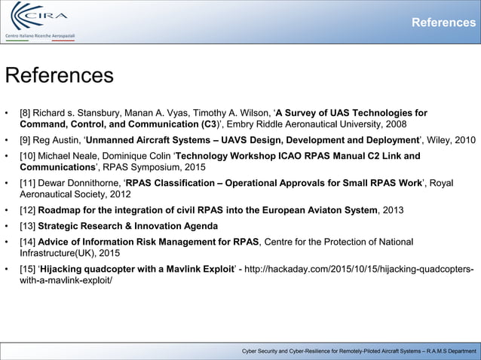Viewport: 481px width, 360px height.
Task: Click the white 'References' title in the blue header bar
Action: (x=443, y=23)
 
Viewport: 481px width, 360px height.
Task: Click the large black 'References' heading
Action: (x=60, y=76)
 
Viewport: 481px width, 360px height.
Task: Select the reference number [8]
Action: (x=26, y=114)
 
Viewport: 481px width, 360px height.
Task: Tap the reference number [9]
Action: (x=26, y=140)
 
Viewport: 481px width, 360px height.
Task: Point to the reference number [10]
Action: (x=29, y=156)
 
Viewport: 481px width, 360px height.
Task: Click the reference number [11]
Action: (x=29, y=183)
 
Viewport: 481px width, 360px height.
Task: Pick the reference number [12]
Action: (x=29, y=210)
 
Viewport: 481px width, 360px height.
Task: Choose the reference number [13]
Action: (x=29, y=226)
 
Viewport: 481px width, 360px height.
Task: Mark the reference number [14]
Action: (x=29, y=242)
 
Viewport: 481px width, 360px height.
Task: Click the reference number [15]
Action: (x=29, y=270)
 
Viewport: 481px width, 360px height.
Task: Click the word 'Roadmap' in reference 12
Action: (x=61, y=210)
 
